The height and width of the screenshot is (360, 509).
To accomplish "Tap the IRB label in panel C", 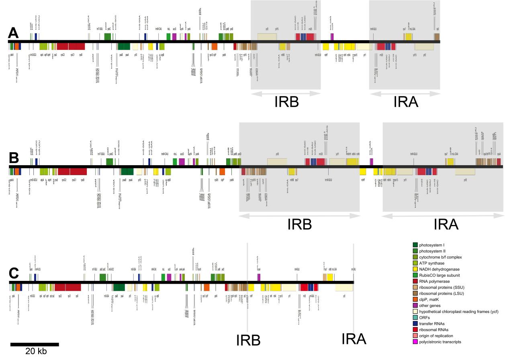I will click(247, 340).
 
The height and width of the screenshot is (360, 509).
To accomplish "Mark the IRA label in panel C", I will click(354, 340).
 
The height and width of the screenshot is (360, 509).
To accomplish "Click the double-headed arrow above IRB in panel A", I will click(286, 93).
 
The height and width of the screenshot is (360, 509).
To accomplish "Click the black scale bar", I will click(35, 344).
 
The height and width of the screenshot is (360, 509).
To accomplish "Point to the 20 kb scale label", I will click(36, 352).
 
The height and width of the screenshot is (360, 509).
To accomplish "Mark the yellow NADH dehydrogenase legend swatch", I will click(415, 269).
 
